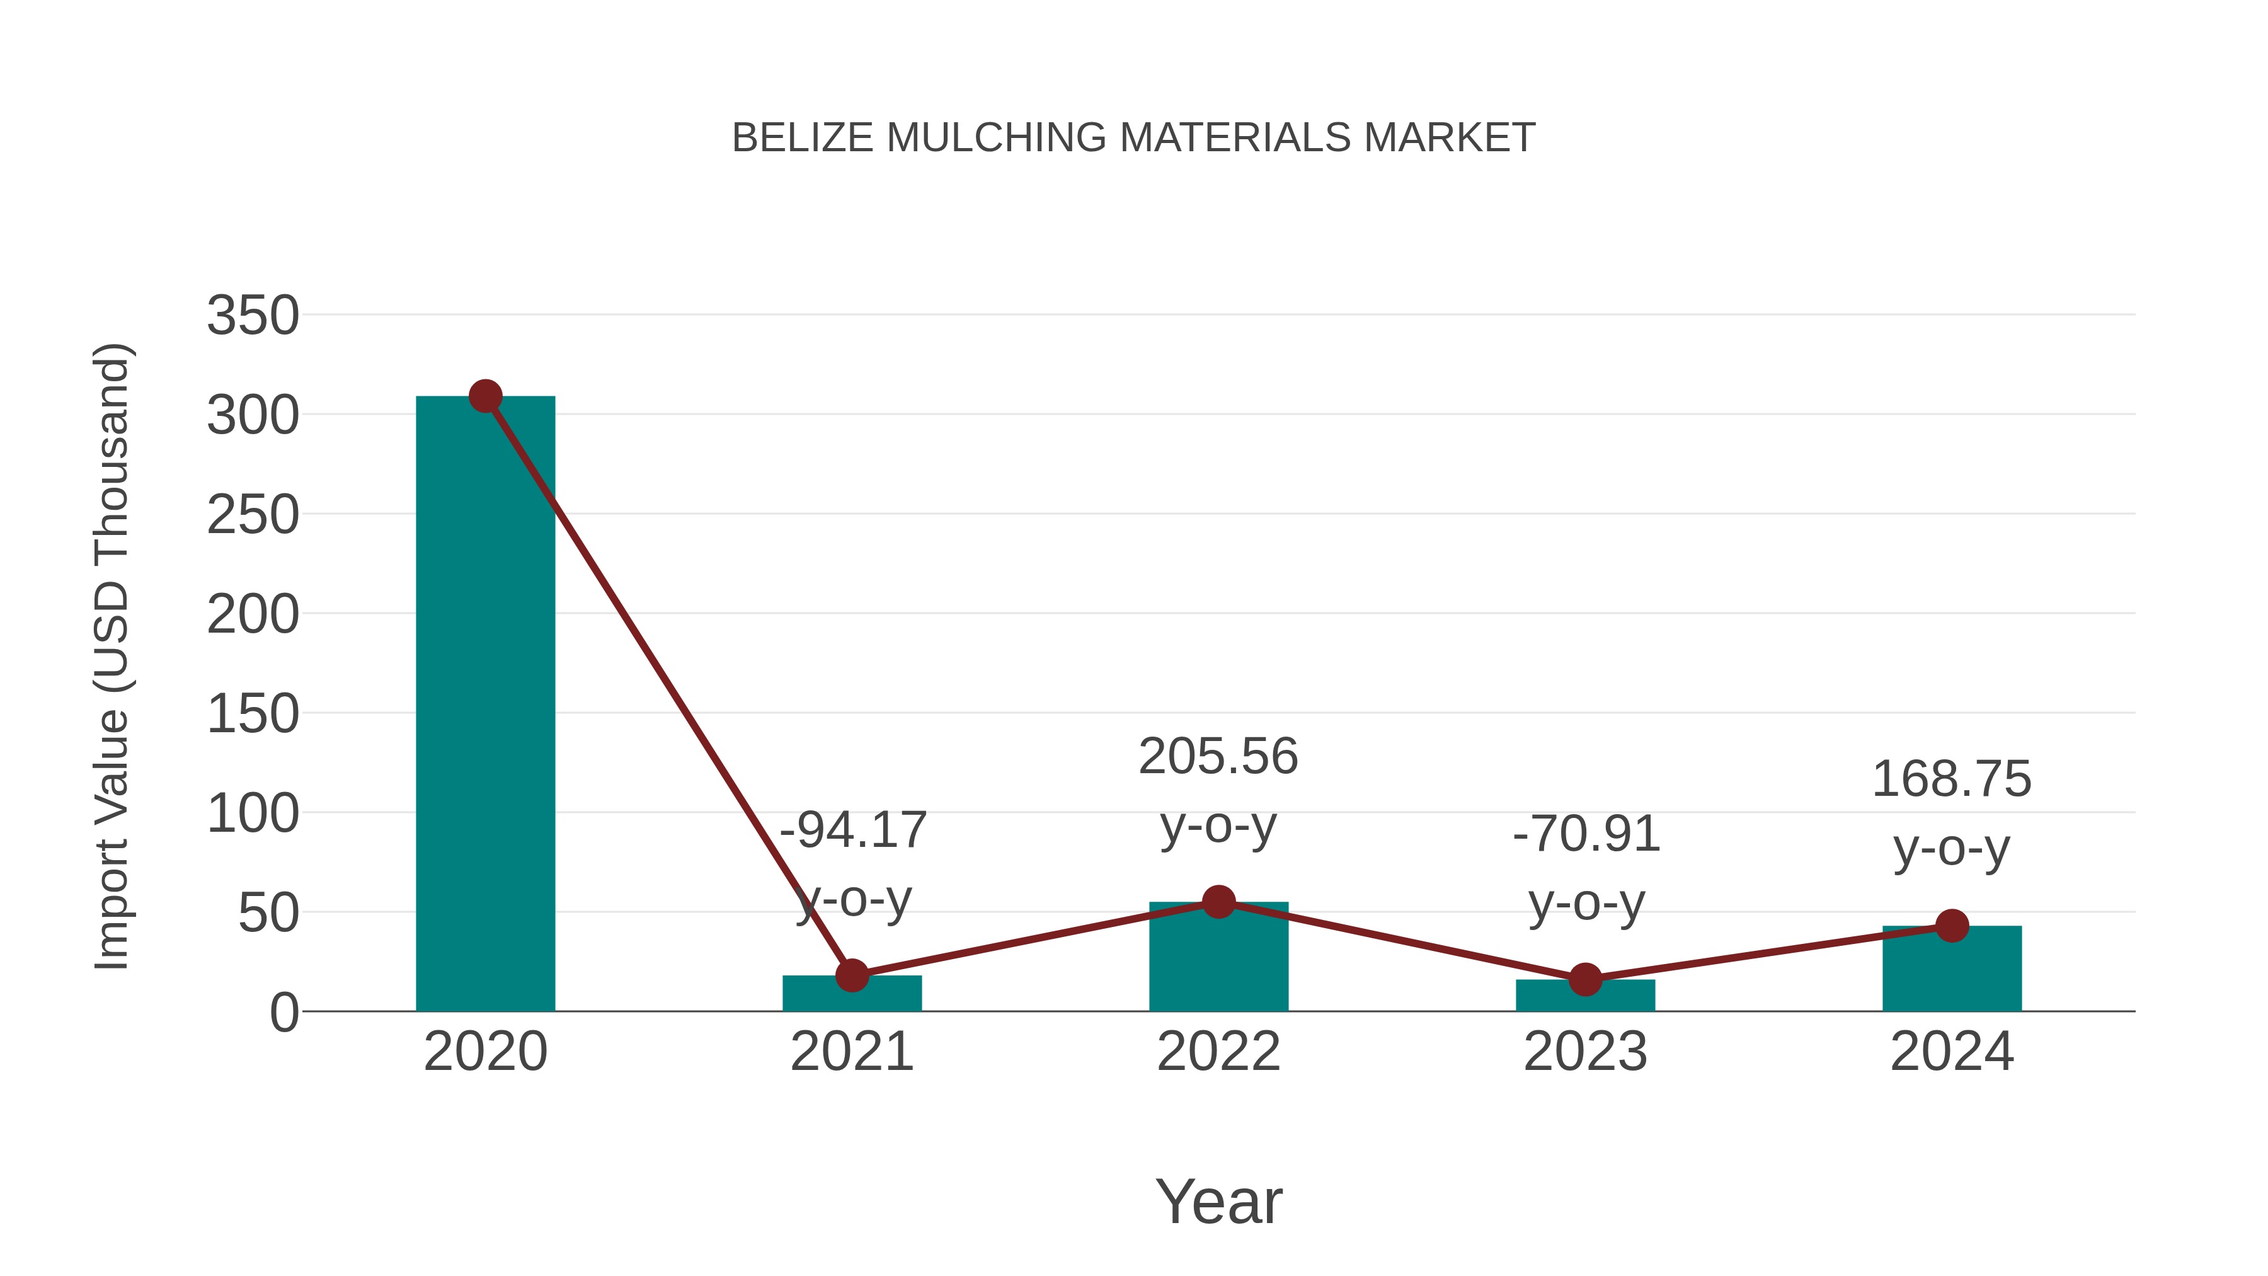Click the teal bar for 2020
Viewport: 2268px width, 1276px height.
[485, 704]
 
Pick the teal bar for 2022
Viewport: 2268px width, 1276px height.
[1218, 960]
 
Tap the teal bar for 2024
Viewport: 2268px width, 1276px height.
[1952, 970]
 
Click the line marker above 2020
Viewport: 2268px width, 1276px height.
[485, 396]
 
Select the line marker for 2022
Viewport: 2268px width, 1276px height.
[1218, 902]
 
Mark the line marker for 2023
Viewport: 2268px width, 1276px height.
[1585, 979]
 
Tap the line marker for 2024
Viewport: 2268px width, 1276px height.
[1952, 926]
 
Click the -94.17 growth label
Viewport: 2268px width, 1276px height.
[853, 831]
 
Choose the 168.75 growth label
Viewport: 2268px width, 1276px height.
[1952, 779]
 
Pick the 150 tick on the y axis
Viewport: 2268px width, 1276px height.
[253, 713]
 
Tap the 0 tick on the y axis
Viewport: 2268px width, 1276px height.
[283, 1013]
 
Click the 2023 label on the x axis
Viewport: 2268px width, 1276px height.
[1585, 1052]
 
